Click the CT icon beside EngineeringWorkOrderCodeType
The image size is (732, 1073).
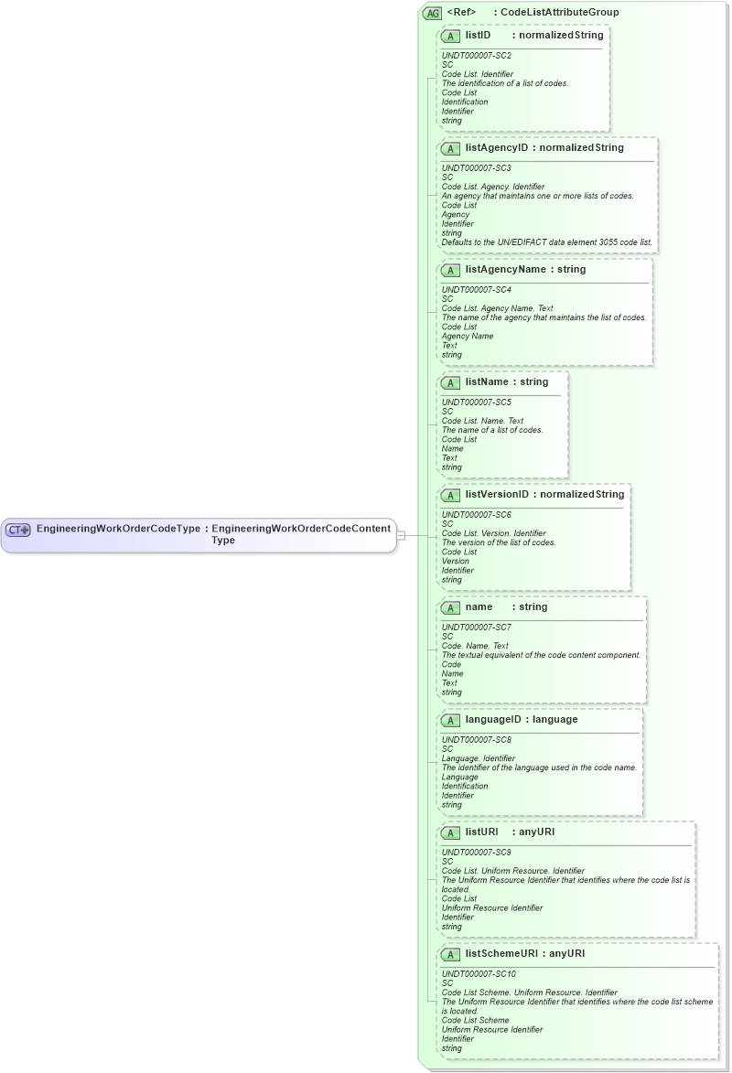[x=18, y=530]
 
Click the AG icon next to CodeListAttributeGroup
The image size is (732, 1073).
[x=432, y=13]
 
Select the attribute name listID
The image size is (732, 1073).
[x=478, y=35]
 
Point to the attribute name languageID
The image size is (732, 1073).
[x=493, y=719]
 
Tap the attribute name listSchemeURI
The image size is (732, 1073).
[x=501, y=953]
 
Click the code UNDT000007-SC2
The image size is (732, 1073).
[x=476, y=56]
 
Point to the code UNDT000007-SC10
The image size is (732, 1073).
[x=479, y=974]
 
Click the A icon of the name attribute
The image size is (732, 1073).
[x=450, y=607]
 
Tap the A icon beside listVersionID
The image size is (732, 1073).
[x=450, y=495]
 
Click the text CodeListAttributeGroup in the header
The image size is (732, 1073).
[x=559, y=13]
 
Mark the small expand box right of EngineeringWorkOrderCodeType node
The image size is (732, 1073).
[x=400, y=535]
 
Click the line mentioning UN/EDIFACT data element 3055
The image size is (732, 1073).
[x=546, y=242]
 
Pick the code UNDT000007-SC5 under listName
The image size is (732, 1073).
[x=476, y=402]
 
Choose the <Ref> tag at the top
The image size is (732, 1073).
[x=461, y=13]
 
